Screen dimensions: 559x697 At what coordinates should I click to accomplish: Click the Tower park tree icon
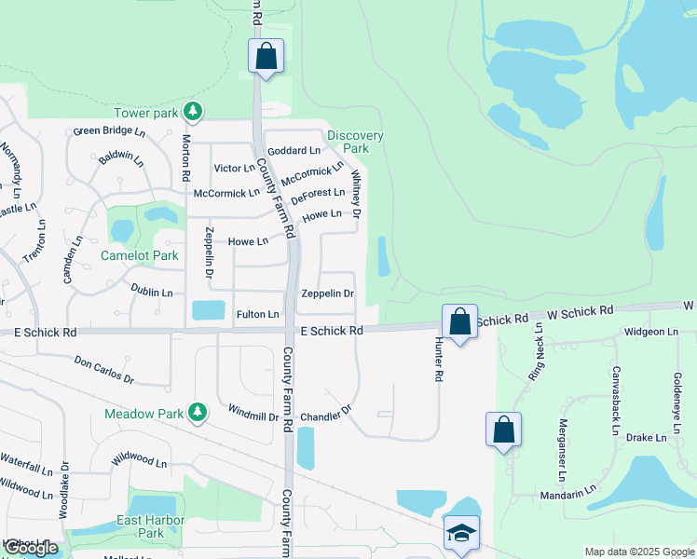pos(193,113)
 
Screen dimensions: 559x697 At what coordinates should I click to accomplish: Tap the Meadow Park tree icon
pos(197,412)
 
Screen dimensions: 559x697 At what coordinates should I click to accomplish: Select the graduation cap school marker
pos(461,533)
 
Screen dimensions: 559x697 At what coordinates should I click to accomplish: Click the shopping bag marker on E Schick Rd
pos(459,321)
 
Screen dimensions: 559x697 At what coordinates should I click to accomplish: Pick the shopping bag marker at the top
pos(266,56)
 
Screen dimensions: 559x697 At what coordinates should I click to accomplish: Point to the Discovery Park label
pos(355,142)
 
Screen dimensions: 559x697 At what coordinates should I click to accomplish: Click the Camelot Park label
pos(140,255)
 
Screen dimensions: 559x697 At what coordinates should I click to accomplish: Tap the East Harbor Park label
pos(151,526)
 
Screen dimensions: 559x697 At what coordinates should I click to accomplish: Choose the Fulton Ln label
pos(258,315)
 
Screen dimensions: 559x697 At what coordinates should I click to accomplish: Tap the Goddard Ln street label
pos(294,150)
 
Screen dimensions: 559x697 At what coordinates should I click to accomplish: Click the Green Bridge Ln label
pos(110,131)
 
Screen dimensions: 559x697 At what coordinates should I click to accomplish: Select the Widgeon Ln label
pos(651,332)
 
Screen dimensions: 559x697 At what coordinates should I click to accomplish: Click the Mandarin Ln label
pos(572,489)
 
